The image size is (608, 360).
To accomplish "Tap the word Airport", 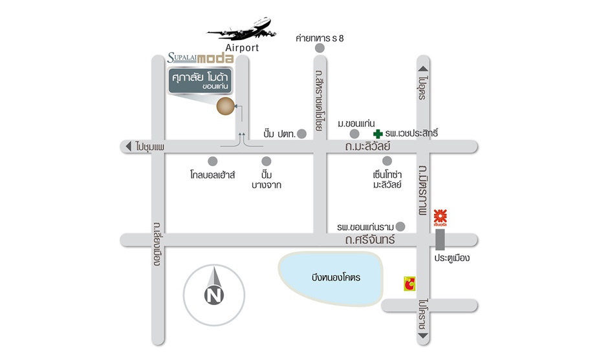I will point(242,48).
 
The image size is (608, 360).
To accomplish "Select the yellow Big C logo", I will point(409,283).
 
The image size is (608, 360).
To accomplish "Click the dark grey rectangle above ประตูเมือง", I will point(440,240).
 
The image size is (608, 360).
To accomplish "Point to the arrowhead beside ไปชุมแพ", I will point(129,147).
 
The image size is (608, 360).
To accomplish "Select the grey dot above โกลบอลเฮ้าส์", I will point(213,160).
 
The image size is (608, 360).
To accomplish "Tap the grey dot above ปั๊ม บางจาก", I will point(266,160).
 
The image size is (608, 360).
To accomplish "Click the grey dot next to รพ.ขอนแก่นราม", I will point(400,226).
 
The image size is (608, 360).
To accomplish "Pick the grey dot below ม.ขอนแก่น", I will point(354,134).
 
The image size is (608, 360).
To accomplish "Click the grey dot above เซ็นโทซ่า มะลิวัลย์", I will point(387,160).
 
